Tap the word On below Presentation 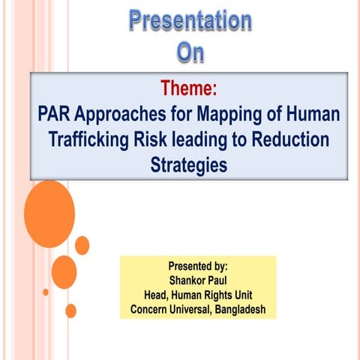point(190,53)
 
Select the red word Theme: point(188,90)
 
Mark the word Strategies point(189,163)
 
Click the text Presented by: point(198,265)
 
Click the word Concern point(152,308)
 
